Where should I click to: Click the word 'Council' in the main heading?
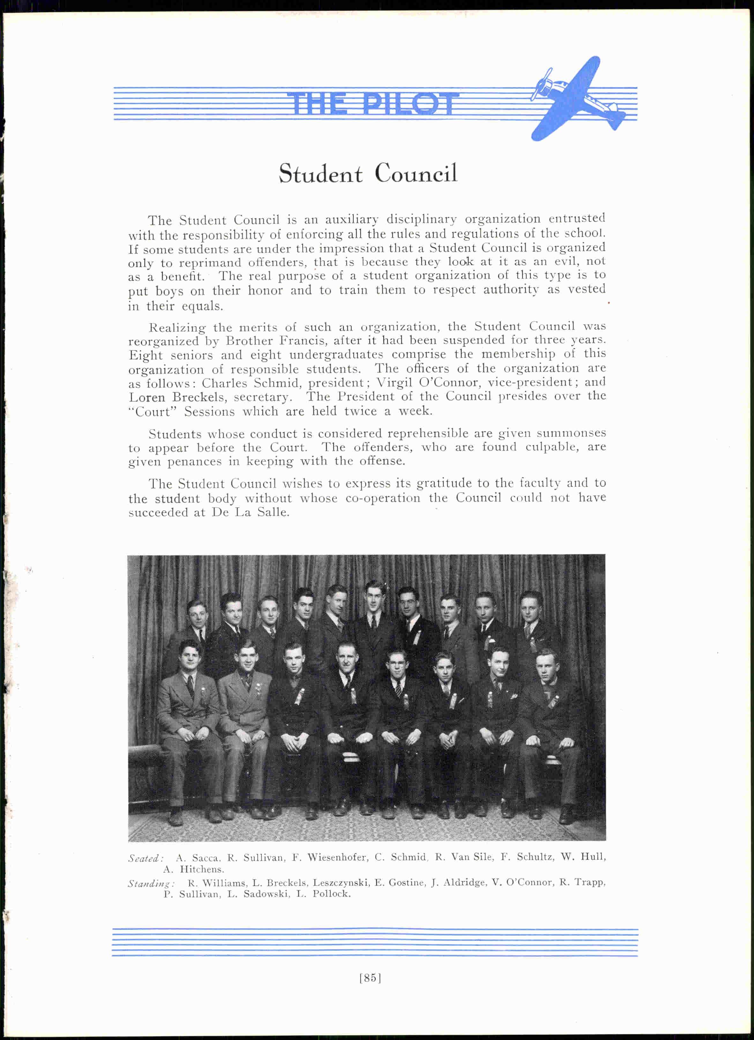[416, 174]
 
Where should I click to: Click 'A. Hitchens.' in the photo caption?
[194, 869]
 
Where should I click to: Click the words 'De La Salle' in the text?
[250, 512]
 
